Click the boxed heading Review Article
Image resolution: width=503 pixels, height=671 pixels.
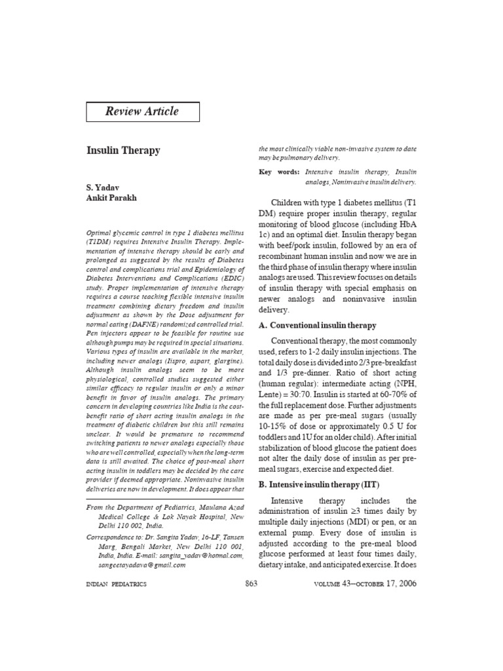click(142, 111)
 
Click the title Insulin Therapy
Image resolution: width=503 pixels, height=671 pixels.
click(123, 150)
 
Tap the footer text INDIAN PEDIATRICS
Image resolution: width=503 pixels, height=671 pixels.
click(117, 584)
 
